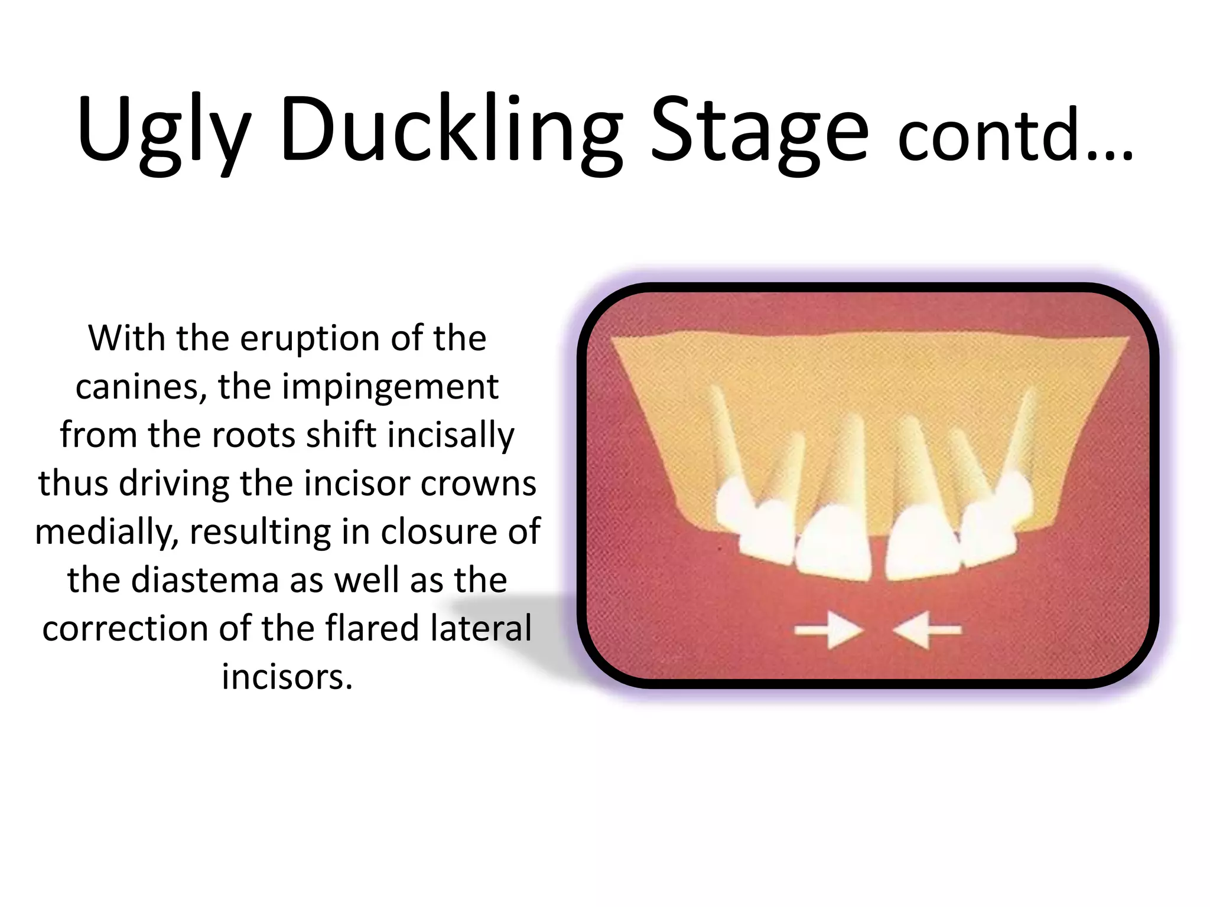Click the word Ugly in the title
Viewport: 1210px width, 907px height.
point(162,133)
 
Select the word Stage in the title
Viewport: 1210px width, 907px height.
point(759,133)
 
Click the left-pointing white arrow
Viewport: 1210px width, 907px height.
point(928,631)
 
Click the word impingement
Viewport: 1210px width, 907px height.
point(390,387)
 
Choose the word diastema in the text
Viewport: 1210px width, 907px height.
point(204,580)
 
